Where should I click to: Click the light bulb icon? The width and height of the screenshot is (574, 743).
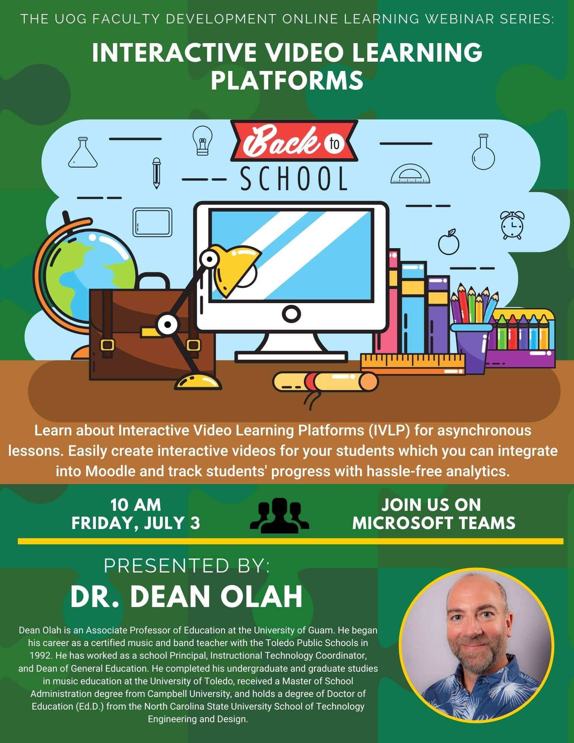coord(202,140)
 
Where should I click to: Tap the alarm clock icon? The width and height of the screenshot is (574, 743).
coord(512,225)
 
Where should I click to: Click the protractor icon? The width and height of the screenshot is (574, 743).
coord(411,174)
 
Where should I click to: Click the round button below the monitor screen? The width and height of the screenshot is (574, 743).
coord(291,314)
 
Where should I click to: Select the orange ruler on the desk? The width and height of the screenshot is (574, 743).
coord(413,364)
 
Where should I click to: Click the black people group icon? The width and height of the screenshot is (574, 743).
coord(279,516)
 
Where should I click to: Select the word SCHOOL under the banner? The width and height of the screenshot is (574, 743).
coord(294,179)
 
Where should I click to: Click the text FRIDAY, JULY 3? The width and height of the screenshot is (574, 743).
coord(136,523)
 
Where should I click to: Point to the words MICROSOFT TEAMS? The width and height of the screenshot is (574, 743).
coord(434,523)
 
